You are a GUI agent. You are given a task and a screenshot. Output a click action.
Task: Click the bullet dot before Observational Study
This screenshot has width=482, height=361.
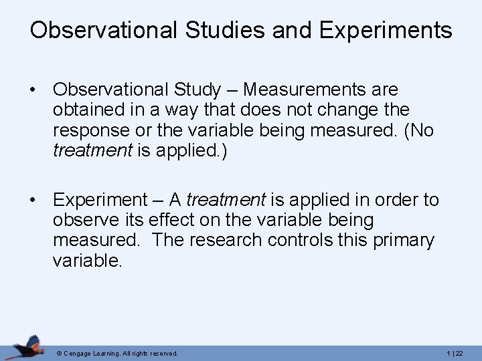[x=33, y=90]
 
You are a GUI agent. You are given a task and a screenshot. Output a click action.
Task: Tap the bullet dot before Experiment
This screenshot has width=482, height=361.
[x=33, y=199]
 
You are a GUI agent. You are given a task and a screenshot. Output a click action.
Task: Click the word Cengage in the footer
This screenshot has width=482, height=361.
[x=79, y=352]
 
